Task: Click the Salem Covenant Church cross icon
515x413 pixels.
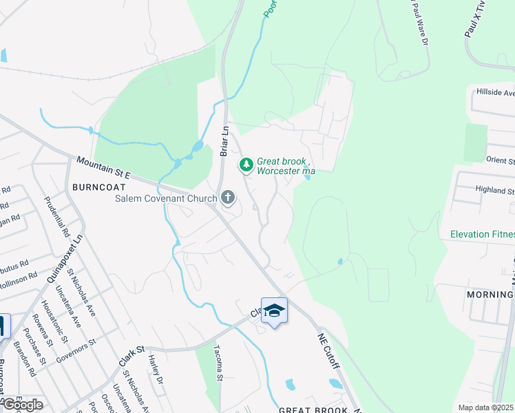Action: pyautogui.click(x=228, y=199)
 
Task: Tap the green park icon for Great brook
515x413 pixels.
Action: pyautogui.click(x=246, y=165)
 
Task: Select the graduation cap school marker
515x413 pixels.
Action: pyautogui.click(x=274, y=310)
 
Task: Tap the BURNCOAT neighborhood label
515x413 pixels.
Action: pyautogui.click(x=92, y=187)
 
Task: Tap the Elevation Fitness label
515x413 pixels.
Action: pyautogui.click(x=482, y=234)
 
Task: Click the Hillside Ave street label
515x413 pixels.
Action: pyautogui.click(x=495, y=93)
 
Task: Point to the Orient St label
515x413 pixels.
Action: pyautogui.click(x=500, y=160)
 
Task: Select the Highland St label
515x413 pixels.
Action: pyautogui.click(x=495, y=190)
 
